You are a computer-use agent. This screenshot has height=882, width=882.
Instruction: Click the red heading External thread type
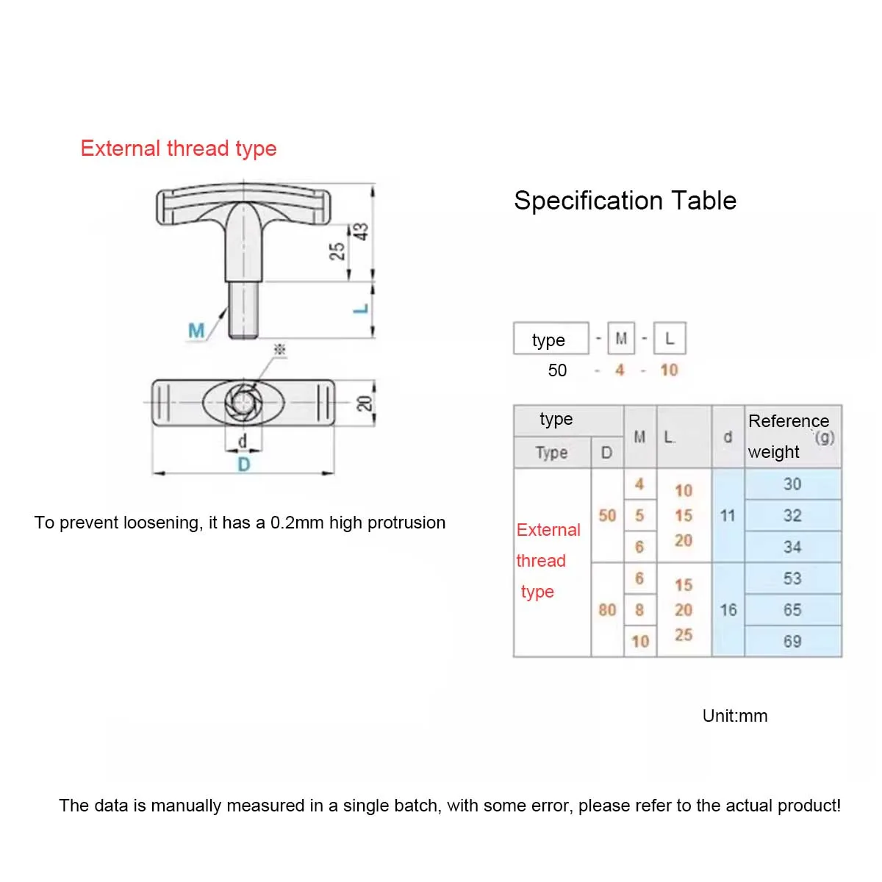179,148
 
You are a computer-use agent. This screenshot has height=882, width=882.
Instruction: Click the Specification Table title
625,201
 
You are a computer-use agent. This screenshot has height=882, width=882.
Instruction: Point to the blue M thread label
196,331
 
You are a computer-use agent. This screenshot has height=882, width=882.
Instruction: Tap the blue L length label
360,309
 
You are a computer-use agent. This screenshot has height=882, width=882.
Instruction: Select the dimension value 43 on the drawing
361,232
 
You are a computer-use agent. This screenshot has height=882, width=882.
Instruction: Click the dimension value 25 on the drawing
337,251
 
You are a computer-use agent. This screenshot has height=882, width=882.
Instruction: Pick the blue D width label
243,465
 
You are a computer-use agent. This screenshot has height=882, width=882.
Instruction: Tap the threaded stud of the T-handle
243,310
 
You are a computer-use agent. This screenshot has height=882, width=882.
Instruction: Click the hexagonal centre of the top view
243,402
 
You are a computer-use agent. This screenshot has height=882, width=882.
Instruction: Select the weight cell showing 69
792,642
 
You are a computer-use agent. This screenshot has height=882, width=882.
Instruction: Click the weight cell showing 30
792,484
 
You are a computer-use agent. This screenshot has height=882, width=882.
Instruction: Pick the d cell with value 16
728,610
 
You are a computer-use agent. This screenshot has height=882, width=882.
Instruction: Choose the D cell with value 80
607,610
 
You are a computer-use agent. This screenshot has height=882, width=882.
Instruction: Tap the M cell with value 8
639,610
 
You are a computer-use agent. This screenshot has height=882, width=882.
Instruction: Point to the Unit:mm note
734,716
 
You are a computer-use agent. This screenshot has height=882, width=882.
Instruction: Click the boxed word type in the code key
550,340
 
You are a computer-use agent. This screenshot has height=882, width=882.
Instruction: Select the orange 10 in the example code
669,370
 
